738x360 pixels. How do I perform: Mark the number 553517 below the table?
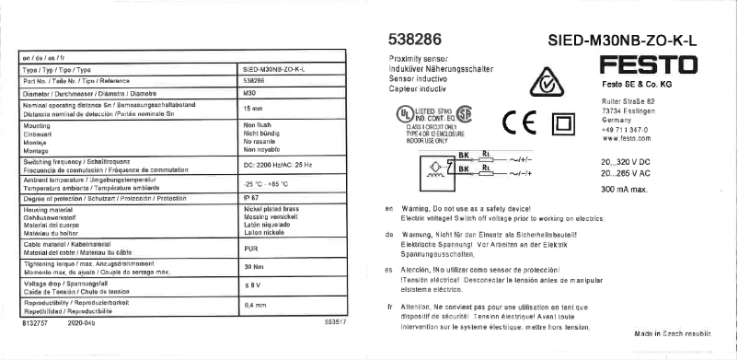click(x=335, y=322)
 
